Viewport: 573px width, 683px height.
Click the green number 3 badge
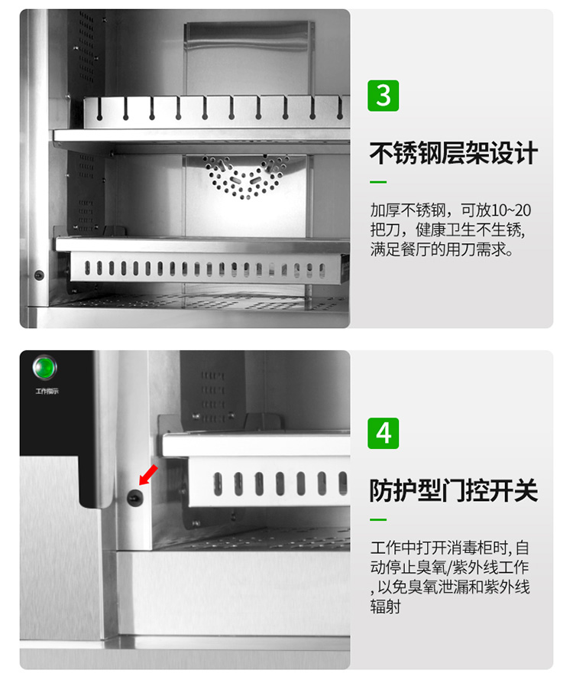tap(384, 96)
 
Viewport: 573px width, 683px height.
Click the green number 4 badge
tap(384, 433)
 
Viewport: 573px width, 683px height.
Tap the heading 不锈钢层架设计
tap(454, 153)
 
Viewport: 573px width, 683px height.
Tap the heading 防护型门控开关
tap(454, 490)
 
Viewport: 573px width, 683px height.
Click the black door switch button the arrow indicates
tap(134, 498)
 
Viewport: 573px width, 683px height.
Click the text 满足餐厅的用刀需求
tap(441, 250)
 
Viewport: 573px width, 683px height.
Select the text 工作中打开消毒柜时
tap(440, 548)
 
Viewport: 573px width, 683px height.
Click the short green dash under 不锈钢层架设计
tap(378, 183)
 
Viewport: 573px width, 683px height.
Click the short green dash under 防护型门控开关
tap(378, 520)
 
